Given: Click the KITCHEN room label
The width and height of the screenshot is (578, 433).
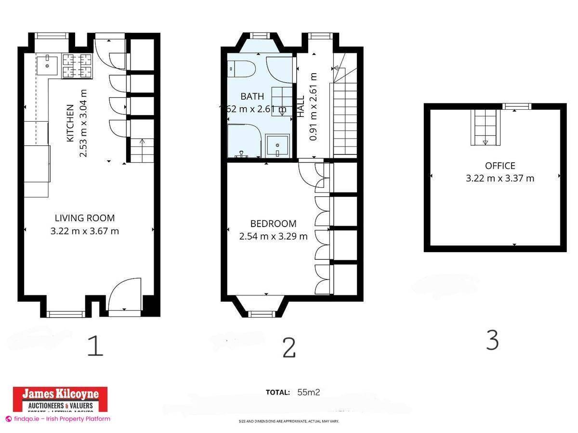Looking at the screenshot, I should tap(70, 123).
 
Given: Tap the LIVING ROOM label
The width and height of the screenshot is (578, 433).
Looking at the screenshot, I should tap(85, 218).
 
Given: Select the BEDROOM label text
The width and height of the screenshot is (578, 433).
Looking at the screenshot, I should tap(273, 224).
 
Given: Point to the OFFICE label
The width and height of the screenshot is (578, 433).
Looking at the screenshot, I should tap(500, 166).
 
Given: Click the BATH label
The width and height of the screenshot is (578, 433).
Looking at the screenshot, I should tap(252, 97).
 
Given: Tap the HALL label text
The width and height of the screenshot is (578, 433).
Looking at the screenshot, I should tap(301, 106).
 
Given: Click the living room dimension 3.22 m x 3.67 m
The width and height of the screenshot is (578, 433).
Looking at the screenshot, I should tap(85, 231).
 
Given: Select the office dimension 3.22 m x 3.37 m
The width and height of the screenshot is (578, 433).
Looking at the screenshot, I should tap(500, 178).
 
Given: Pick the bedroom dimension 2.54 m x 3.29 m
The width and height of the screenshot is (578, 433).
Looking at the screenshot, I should tap(273, 236).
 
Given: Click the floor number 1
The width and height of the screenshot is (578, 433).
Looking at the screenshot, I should tap(95, 346).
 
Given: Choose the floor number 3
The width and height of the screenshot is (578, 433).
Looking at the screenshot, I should tap(492, 341).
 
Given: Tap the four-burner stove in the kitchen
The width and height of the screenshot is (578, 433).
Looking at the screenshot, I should tap(77, 66).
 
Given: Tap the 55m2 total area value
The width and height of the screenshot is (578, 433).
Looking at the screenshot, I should tap(308, 392).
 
